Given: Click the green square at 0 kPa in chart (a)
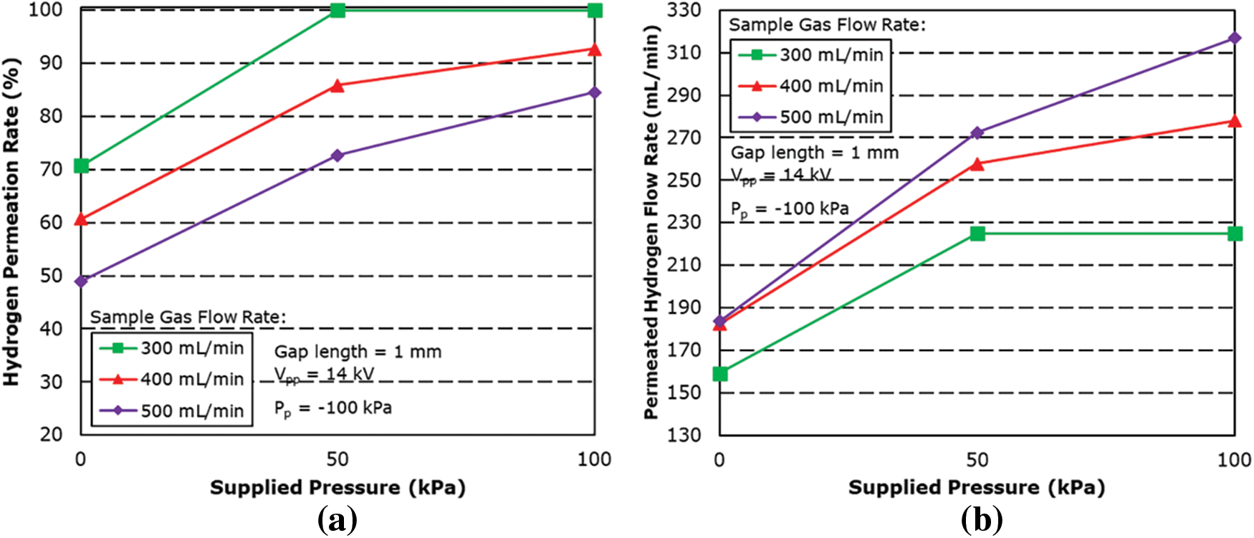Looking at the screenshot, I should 81,166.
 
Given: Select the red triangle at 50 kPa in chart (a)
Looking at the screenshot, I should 338,86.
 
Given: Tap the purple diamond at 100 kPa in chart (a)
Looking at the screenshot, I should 594,92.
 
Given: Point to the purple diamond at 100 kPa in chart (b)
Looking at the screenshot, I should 1234,38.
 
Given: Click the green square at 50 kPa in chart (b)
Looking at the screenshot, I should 977,234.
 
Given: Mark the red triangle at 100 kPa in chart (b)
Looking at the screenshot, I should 1234,121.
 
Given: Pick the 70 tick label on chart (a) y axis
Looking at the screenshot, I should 51,170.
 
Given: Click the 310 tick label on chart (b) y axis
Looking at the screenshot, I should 684,52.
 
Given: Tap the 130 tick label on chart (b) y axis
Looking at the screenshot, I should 684,435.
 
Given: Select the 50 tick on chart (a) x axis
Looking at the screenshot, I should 338,459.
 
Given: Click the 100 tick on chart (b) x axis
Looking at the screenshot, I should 1234,459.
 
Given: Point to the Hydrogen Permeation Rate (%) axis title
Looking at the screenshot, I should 12,222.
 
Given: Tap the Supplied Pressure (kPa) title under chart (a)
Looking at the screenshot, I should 338,488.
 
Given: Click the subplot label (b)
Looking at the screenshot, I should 981,519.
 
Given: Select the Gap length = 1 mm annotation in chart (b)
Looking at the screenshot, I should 814,153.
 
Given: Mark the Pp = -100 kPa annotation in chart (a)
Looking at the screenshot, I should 332,408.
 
